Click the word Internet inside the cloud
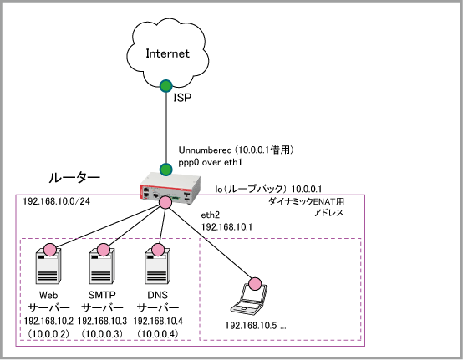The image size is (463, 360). pos(167,53)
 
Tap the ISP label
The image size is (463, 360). pos(182,98)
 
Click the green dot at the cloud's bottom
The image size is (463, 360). pos(166,86)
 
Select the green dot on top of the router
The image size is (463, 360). pos(166,170)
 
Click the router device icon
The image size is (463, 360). pos(170,188)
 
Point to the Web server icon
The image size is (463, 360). pos(48,266)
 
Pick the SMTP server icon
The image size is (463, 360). pos(102,266)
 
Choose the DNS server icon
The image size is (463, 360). pos(157,266)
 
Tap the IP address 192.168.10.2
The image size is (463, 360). pos(48,321)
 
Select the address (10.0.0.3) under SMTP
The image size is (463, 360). pos(102,334)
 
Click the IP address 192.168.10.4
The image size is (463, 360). pos(158,321)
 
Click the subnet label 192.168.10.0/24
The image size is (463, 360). pos(56,201)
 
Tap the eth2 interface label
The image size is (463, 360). pos(211,215)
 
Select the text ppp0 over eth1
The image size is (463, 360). pos(210,162)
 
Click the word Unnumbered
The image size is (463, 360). pos(206,150)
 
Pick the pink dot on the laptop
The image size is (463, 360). pos(255,284)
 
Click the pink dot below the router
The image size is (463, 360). pos(165,202)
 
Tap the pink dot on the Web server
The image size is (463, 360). pos(49,250)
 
